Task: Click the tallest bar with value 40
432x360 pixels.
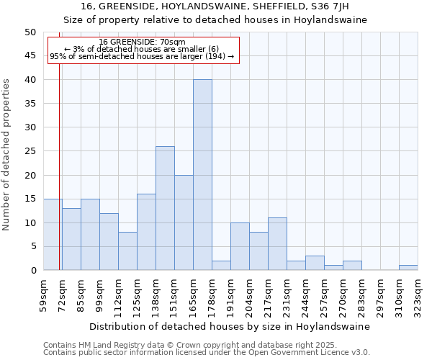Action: (202, 175)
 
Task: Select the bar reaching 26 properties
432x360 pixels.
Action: (165, 208)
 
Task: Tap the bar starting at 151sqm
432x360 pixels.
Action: (184, 222)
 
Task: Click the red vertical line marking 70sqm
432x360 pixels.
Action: (59, 180)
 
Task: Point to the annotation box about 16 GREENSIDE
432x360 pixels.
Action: (143, 50)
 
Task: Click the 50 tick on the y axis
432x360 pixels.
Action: (30, 32)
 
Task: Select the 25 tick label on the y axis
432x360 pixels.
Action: (30, 151)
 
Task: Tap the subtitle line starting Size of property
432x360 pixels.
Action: (215, 20)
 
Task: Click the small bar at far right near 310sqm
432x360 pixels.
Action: (408, 268)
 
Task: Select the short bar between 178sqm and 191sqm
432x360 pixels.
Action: (221, 266)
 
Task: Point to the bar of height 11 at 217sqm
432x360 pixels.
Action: (277, 244)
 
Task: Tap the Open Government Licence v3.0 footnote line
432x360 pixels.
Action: (206, 353)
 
